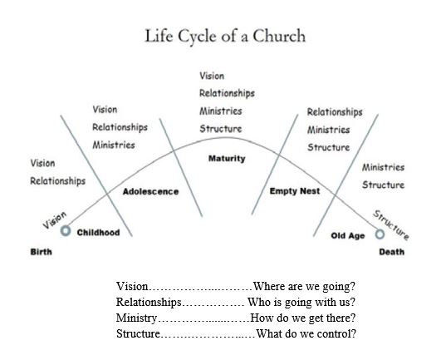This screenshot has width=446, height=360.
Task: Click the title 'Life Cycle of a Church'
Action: pyautogui.click(x=224, y=36)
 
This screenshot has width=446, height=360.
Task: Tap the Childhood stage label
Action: pyautogui.click(x=98, y=233)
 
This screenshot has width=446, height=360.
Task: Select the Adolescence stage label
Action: pyautogui.click(x=150, y=192)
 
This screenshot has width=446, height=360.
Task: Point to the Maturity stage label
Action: pyautogui.click(x=226, y=159)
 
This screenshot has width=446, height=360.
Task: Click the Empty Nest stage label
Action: pyautogui.click(x=295, y=191)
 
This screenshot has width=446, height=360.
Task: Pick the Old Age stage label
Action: pyautogui.click(x=347, y=236)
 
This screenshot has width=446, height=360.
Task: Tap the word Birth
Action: pyautogui.click(x=42, y=251)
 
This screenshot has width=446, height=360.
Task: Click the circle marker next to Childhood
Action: pyautogui.click(x=66, y=232)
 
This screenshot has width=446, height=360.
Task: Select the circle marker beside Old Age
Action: pyautogui.click(x=380, y=235)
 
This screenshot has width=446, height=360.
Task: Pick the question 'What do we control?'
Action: pyautogui.click(x=306, y=334)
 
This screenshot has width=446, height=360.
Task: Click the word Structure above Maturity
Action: pyautogui.click(x=220, y=129)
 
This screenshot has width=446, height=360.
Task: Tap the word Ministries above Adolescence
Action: pyautogui.click(x=114, y=145)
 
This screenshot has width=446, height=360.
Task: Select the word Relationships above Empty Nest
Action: pyautogui.click(x=335, y=111)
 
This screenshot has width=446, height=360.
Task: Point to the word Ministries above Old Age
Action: pyautogui.click(x=383, y=167)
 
